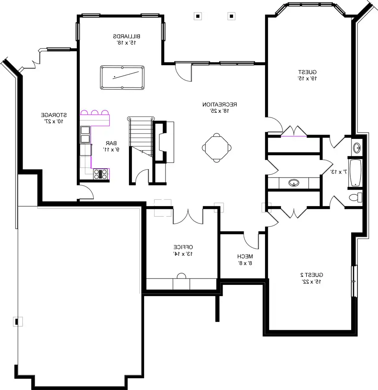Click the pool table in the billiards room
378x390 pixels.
coord(122,77)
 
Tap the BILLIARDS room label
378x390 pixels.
coord(126,36)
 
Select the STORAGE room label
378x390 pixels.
coord(54,115)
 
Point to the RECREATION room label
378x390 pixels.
coord(220,104)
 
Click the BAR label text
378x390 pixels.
coord(111,143)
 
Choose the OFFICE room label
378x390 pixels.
coord(183,247)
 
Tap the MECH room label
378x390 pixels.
coord(245,257)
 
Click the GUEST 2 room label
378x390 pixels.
coord(312,275)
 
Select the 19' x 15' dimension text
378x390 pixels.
coord(307,78)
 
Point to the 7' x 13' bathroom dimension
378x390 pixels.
coord(339,172)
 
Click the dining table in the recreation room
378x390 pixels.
coord(217,148)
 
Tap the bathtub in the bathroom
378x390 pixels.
coord(355,172)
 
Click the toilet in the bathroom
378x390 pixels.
coord(355,197)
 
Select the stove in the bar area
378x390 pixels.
coord(100,174)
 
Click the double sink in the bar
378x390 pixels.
coord(85,135)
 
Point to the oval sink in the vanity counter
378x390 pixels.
coord(294,183)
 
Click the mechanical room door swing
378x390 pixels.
coord(251,241)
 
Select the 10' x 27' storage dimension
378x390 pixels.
coord(54,122)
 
